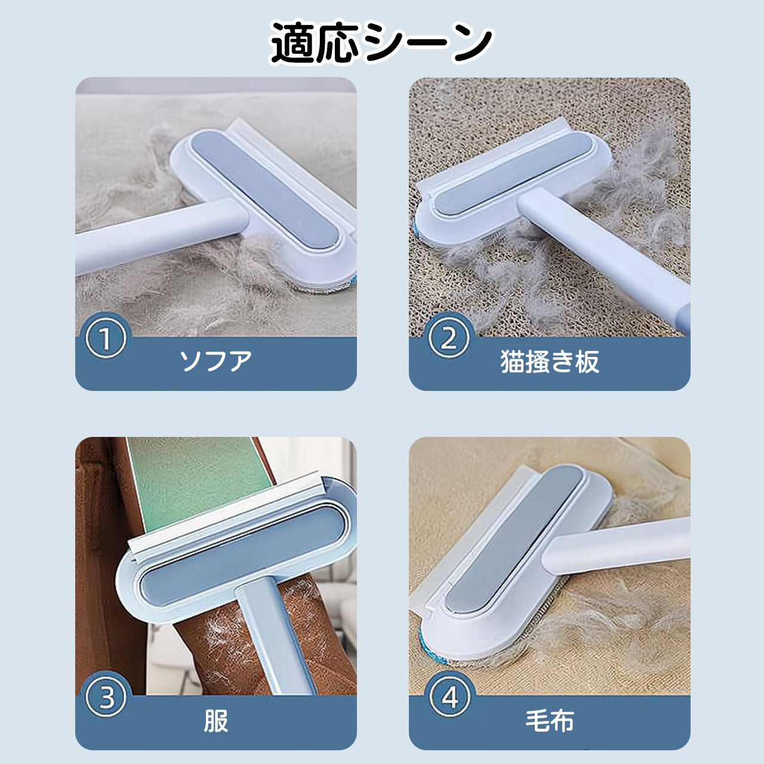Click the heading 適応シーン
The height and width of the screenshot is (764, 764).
(x=381, y=43)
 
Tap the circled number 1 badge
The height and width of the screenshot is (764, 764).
(x=106, y=338)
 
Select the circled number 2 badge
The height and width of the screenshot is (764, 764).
(x=449, y=338)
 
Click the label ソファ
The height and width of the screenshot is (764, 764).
(x=216, y=361)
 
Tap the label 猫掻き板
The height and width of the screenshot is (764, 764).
(x=550, y=361)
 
